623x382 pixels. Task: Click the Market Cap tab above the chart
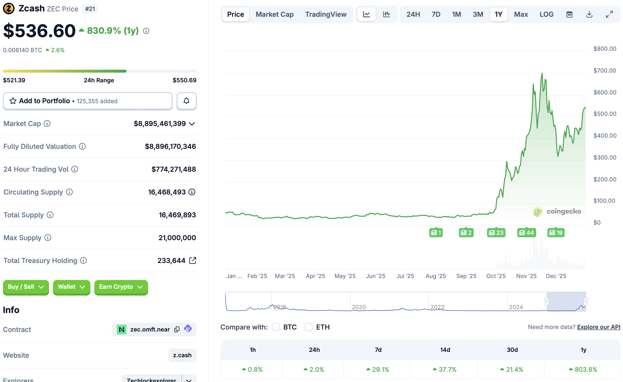pyautogui.click(x=275, y=14)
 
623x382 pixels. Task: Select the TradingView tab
pyautogui.click(x=326, y=14)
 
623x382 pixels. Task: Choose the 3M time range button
pyautogui.click(x=478, y=14)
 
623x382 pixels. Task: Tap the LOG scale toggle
pyautogui.click(x=546, y=14)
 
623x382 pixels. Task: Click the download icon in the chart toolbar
pyautogui.click(x=589, y=14)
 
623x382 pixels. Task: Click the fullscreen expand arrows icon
pyautogui.click(x=609, y=14)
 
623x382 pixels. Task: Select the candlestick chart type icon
pyautogui.click(x=386, y=14)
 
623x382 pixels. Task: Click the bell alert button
pyautogui.click(x=187, y=101)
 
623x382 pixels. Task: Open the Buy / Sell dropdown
pyautogui.click(x=26, y=287)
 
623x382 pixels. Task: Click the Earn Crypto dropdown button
pyautogui.click(x=121, y=287)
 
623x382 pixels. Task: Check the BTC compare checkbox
pyautogui.click(x=276, y=327)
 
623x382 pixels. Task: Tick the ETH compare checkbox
pyautogui.click(x=308, y=327)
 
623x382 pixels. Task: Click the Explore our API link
pyautogui.click(x=598, y=327)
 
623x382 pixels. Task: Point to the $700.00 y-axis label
pyautogui.click(x=605, y=70)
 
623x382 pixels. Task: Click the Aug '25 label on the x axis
pyautogui.click(x=436, y=276)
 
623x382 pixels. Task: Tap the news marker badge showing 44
pyautogui.click(x=526, y=233)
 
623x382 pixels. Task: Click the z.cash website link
pyautogui.click(x=182, y=355)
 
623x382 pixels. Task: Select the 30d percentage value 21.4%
pyautogui.click(x=512, y=370)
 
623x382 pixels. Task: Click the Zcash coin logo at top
pyautogui.click(x=9, y=8)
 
